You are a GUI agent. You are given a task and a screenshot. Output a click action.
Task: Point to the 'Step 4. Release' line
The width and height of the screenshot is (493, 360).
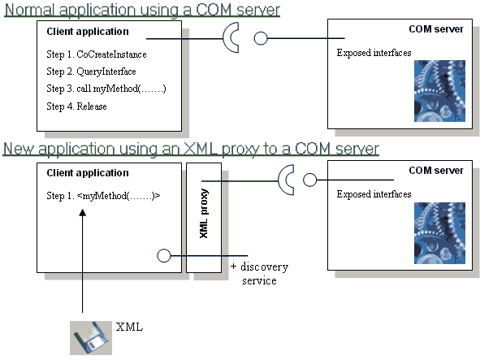[77, 106]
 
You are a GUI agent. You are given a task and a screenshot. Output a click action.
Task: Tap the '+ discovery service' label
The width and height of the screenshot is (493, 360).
[259, 274]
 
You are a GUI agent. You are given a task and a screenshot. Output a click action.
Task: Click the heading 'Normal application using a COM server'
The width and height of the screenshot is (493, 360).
[142, 10]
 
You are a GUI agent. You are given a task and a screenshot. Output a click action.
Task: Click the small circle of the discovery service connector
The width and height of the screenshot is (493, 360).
[163, 254]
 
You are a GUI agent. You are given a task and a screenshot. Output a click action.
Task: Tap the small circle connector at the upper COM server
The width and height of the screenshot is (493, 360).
[261, 38]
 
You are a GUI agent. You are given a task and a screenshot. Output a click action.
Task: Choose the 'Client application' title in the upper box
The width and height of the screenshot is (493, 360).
[88, 32]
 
